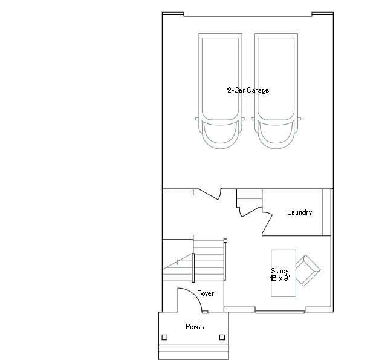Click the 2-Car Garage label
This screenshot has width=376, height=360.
[x=248, y=90]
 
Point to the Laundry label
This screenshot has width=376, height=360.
[x=299, y=212]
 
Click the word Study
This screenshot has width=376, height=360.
[x=279, y=271]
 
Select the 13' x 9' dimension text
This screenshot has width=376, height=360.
[x=279, y=278]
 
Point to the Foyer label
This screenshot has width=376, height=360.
[x=206, y=293]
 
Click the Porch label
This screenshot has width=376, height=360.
[x=195, y=327]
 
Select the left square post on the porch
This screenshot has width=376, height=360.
[x=164, y=337]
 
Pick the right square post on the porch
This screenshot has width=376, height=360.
[x=222, y=337]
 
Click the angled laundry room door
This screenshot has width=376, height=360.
[x=266, y=224]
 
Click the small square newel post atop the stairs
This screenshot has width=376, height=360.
[x=225, y=241]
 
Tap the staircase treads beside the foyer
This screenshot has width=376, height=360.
[x=209, y=260]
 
